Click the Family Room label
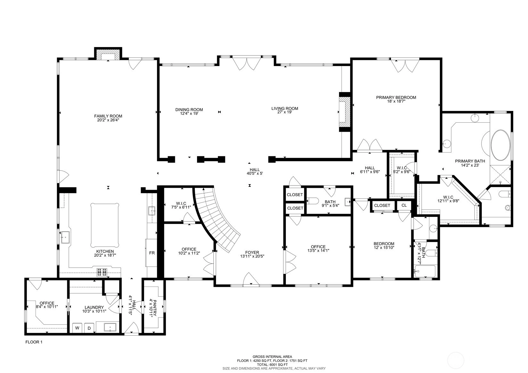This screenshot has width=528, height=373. click(108, 116)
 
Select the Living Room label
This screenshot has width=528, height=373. click(285, 108)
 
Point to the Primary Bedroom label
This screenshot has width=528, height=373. click(396, 97)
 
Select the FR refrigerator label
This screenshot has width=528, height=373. click(152, 253)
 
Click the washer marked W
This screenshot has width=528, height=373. click(77, 328)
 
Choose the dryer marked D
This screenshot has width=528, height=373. click(89, 328)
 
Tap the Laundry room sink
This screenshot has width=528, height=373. click(110, 327)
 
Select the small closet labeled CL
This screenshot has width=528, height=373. click(404, 205)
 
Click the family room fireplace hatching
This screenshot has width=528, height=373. click(108, 54)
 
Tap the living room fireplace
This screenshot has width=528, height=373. click(344, 112)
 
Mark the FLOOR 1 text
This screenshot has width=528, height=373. click(34, 342)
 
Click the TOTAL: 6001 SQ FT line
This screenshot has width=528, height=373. click(272, 365)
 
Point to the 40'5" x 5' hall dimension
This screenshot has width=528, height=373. click(255, 173)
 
